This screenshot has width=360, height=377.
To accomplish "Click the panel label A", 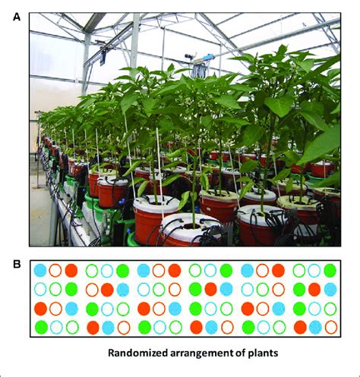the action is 17,17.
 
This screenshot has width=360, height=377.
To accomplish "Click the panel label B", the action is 17,264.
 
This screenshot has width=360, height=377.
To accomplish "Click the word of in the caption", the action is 242,353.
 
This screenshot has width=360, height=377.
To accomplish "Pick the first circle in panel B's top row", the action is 40,270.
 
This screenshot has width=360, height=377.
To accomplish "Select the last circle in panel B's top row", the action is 330,270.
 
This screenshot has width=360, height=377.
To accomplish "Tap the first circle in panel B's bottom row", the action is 41,327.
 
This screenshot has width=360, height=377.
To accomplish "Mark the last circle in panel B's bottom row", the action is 331,327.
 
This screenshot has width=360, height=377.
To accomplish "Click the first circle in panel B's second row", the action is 40,290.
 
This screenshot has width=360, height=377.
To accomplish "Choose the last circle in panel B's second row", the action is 330,290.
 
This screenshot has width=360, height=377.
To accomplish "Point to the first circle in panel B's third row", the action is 40,309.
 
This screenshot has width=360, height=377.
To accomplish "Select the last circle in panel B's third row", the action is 330,309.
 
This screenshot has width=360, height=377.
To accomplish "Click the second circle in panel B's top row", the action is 55,270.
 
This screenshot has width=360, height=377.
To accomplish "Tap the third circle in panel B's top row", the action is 71,270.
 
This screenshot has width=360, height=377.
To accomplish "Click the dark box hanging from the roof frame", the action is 103,58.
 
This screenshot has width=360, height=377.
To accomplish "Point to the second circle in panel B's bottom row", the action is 56,327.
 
